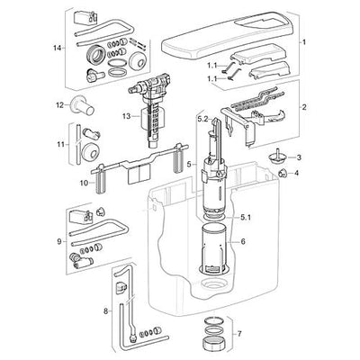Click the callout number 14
coord(57,48)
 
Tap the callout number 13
coord(126,116)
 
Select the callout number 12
coord(59,105)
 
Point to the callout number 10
coord(85,183)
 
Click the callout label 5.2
coord(202,120)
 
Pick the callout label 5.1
coord(245,218)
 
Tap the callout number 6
coord(243,241)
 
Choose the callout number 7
coord(238,334)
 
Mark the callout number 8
coord(105,311)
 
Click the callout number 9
coord(59,241)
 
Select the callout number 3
coord(299,157)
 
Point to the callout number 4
coord(296,173)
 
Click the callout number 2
coord(304,107)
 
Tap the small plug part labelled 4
coord(283,173)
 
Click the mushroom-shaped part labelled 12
coord(82,105)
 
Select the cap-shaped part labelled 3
coord(274,156)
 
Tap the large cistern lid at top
coord(227,35)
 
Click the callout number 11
coord(61,145)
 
